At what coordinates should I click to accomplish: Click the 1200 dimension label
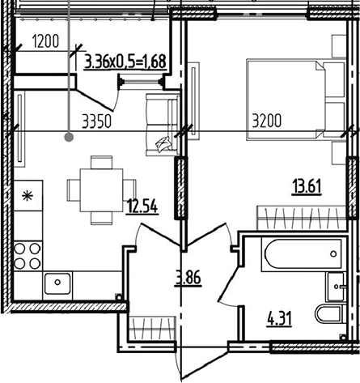[x=45, y=42]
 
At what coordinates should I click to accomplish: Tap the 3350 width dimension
[x=97, y=121]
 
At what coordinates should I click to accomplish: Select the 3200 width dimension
[x=267, y=121]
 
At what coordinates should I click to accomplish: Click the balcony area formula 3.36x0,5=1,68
[x=125, y=62]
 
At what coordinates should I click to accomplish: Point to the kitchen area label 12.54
[x=142, y=206]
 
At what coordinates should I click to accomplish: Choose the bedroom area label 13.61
[x=307, y=187]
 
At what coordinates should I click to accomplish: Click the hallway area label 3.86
[x=188, y=278]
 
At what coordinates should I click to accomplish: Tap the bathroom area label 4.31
[x=279, y=319]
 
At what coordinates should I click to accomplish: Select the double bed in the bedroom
[x=296, y=100]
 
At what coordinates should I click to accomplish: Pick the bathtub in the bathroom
[x=302, y=255]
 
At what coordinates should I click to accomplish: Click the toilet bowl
[x=330, y=313]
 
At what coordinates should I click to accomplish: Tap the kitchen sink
[x=57, y=283]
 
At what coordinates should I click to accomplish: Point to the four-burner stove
[x=28, y=256]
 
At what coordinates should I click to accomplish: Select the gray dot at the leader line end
[x=70, y=138]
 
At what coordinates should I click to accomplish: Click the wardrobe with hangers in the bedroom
[x=302, y=218]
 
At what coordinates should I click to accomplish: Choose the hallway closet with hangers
[x=152, y=330]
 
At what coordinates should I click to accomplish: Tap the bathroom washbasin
[x=336, y=287]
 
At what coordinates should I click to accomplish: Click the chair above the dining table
[x=101, y=162]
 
